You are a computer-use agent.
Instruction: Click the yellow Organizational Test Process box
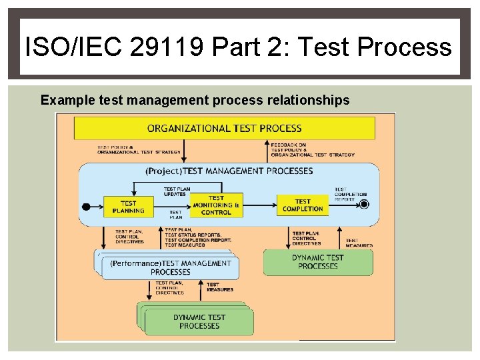coord(224,128)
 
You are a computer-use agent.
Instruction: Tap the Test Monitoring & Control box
coord(216,205)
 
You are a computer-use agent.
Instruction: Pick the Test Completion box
coord(303,205)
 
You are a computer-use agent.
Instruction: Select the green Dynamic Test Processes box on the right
coord(318,262)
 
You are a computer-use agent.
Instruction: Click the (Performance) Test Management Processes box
coord(170,267)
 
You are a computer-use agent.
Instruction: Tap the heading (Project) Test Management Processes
coord(229,171)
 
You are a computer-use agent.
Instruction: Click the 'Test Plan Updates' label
coord(176,191)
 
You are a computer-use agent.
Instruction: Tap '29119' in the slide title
coord(167,47)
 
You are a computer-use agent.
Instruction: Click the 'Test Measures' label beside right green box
coord(359,243)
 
